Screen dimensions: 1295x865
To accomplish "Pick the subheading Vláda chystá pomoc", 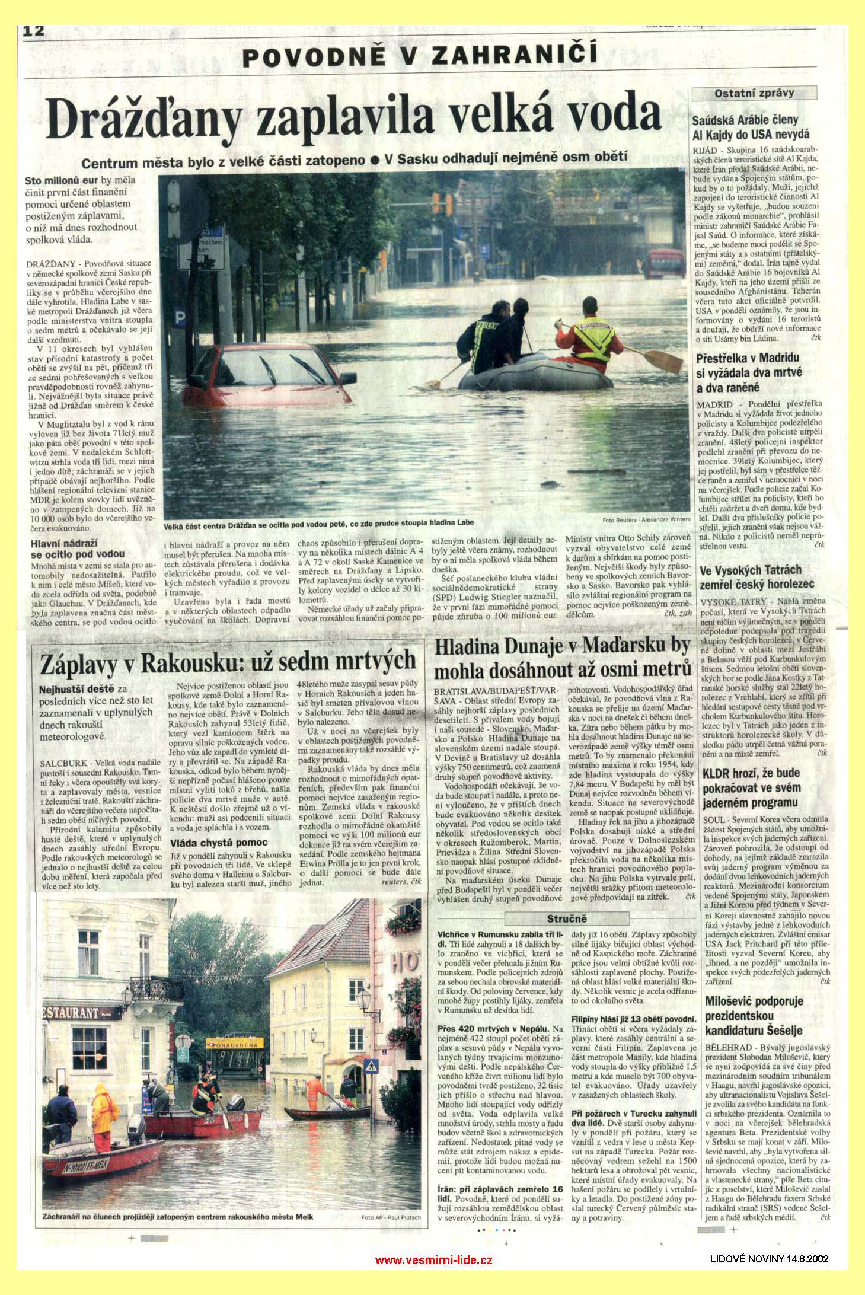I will coord(219,842).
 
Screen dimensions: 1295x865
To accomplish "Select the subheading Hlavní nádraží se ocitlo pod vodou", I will coord(65,548).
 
